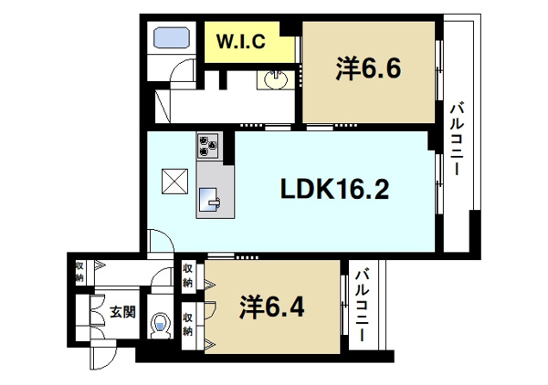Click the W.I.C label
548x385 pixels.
[241, 42]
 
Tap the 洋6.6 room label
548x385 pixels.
[368, 68]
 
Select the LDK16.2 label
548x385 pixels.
[334, 190]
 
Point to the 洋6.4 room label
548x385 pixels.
[271, 307]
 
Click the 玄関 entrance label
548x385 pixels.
[122, 312]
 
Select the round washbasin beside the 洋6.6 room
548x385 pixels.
[276, 79]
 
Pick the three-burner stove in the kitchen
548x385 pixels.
[208, 145]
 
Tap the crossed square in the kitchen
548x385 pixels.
[174, 182]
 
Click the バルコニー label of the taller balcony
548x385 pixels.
[457, 139]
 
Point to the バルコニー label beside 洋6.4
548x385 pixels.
[363, 305]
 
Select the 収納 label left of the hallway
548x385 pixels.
[80, 272]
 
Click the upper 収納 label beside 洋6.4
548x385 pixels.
[188, 276]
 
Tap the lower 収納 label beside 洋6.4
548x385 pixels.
[188, 325]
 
